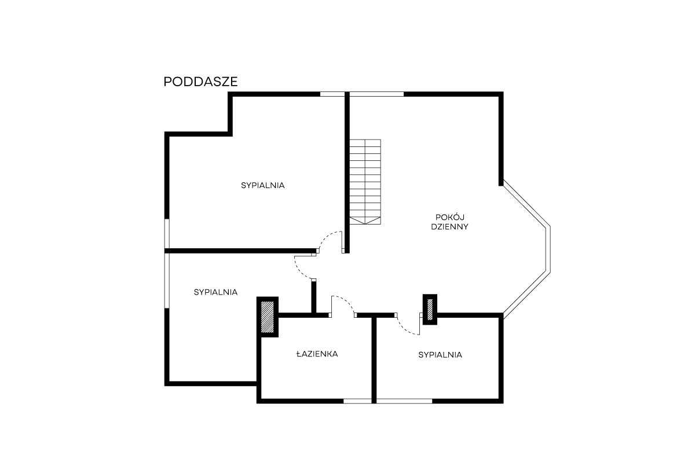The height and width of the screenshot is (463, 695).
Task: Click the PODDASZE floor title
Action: point(200,82)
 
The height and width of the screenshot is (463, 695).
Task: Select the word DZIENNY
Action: point(449,227)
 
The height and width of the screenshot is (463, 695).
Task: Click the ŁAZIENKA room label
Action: point(317,354)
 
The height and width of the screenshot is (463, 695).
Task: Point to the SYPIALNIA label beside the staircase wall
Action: point(262,185)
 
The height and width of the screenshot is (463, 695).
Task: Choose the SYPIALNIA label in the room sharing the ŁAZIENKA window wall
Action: point(440,355)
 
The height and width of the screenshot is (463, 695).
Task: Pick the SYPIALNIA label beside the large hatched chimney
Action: point(215,292)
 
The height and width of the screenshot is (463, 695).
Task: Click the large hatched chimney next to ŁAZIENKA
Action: point(267,317)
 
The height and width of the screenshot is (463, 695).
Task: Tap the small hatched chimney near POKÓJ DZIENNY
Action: point(430,310)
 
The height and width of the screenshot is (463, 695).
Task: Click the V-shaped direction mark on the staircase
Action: point(365,221)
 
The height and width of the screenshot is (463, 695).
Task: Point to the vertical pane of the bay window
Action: point(548,249)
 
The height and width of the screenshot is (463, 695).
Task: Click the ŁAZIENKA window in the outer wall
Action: point(357,401)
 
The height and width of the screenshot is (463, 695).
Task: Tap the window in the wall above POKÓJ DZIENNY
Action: point(376,94)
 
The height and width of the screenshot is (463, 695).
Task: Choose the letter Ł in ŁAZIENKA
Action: point(299,354)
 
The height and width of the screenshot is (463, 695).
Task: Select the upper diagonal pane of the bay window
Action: point(526,203)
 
